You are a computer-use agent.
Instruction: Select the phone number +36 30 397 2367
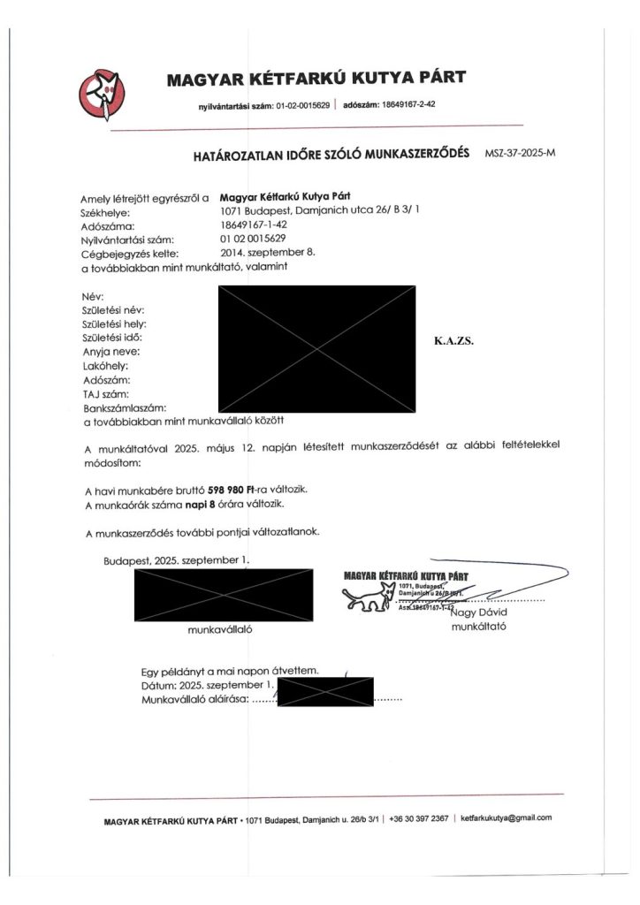[419, 818]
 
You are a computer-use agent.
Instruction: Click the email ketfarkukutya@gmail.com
[507, 818]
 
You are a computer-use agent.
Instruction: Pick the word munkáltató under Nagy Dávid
[478, 627]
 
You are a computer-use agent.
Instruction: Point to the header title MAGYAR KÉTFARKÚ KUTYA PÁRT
[316, 80]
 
